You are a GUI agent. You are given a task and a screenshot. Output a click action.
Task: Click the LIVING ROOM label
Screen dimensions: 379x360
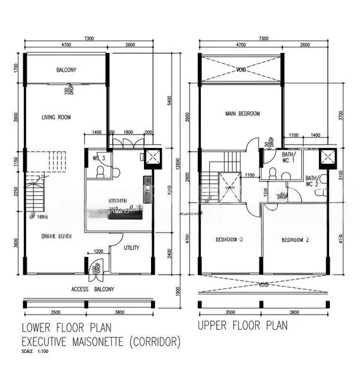56,117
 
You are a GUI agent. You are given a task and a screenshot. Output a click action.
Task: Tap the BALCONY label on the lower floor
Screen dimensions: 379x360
66,70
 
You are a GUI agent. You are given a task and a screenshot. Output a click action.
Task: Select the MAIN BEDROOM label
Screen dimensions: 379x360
243,114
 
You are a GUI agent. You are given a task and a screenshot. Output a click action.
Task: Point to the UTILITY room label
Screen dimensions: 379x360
131,248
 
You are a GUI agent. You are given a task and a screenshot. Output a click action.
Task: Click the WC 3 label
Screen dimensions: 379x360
98,157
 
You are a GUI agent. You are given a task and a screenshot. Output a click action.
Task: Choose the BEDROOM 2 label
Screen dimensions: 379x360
279,240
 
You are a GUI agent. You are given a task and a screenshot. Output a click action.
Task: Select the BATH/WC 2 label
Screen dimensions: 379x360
313,181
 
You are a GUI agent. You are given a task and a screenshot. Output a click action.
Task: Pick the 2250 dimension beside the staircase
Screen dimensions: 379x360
16,192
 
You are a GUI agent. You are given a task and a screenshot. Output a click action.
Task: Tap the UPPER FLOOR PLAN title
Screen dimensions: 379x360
243,327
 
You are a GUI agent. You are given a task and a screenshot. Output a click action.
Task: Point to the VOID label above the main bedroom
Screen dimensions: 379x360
240,70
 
